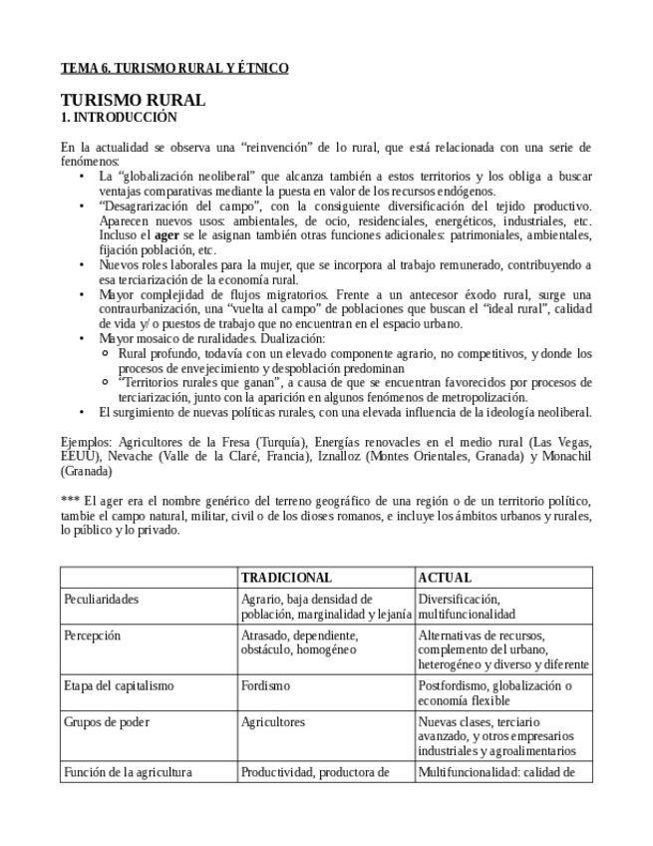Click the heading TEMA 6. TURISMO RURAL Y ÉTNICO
(x=174, y=68)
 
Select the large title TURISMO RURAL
(x=133, y=100)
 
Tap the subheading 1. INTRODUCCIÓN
(x=112, y=117)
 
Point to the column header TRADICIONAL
(x=286, y=578)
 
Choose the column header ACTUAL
(x=445, y=578)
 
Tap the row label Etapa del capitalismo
(x=119, y=685)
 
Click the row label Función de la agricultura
(x=128, y=771)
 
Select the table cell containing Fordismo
(x=265, y=685)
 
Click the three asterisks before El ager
(x=71, y=500)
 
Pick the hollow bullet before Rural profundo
(x=108, y=354)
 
